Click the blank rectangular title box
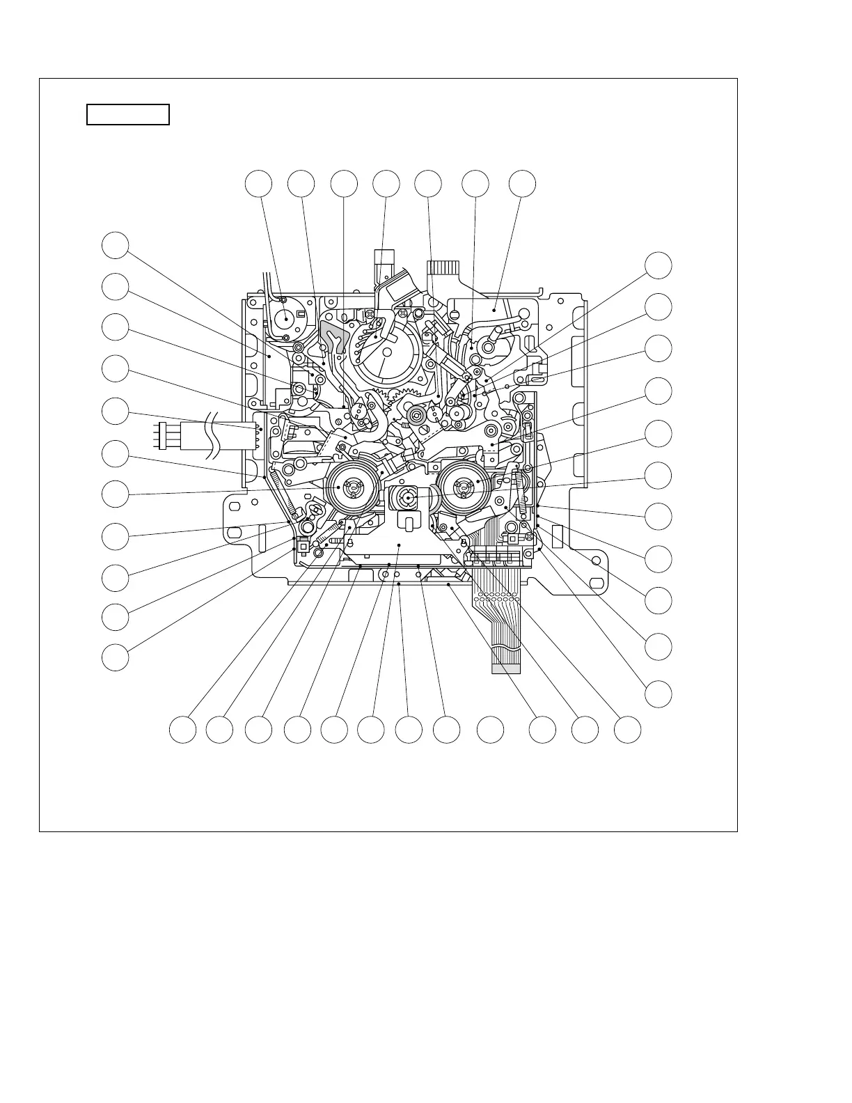click(x=128, y=114)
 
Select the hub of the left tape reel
click(x=352, y=488)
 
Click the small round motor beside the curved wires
click(x=285, y=319)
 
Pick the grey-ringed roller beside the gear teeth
click(x=416, y=416)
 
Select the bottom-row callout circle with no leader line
click(x=490, y=729)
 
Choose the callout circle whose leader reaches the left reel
click(x=116, y=495)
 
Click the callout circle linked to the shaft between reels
click(x=658, y=476)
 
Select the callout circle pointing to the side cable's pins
click(x=116, y=411)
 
